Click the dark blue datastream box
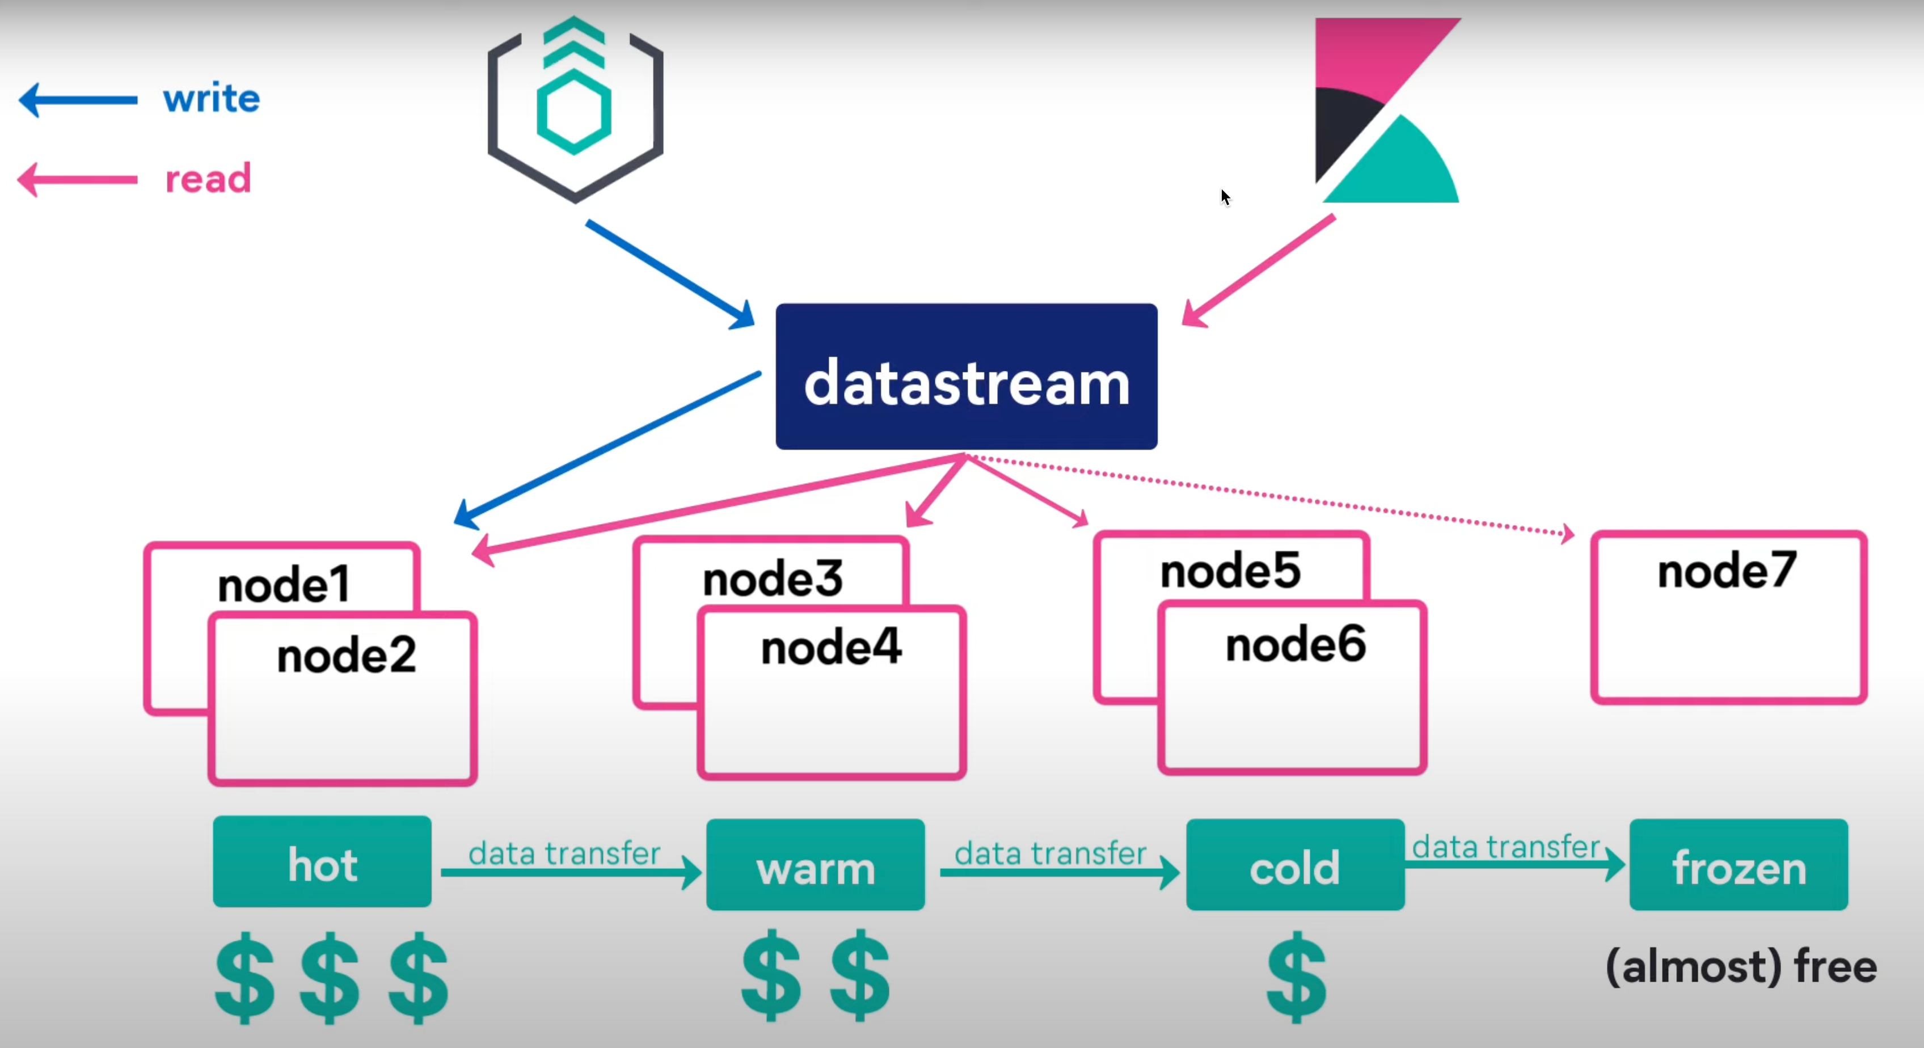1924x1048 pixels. pos(966,377)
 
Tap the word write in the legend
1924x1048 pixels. pos(212,99)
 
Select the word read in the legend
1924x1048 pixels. pos(208,179)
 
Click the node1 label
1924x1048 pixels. pos(284,584)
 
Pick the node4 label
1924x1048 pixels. pos(830,647)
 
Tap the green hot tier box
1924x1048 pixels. pos(322,863)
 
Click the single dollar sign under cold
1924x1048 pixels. pos(1296,975)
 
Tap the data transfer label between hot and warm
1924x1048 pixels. pos(564,853)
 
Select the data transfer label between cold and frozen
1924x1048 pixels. pos(1505,847)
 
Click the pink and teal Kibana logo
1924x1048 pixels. pos(1387,111)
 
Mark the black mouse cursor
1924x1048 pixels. pos(1225,196)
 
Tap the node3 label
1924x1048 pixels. pos(773,579)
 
